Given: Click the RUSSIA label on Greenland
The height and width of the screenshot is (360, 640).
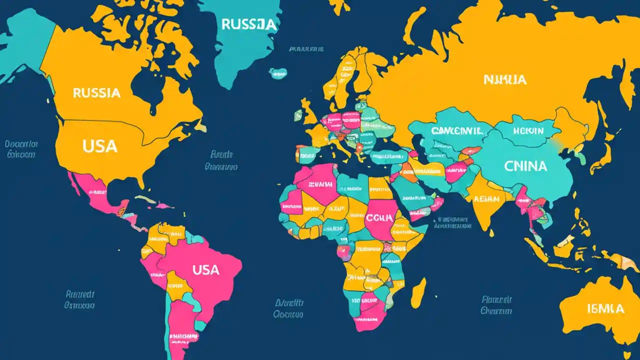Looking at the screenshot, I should point(248,24).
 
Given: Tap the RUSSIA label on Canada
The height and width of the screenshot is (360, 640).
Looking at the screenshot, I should point(96,93).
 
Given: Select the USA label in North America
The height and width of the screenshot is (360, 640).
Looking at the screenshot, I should point(100,146).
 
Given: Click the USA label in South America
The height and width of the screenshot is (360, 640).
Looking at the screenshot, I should point(205,270).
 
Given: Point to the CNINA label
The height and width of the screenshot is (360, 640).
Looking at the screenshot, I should point(525,166).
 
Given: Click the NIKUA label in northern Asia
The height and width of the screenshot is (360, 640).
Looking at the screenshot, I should point(504,79).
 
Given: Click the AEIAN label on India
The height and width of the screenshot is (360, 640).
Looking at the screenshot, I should point(485,199).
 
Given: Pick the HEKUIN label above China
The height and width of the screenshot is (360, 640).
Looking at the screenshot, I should point(528,131).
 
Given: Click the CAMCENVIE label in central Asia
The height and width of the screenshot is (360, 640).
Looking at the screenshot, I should point(456,131).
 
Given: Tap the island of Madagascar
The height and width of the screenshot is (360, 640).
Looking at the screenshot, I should point(418,292).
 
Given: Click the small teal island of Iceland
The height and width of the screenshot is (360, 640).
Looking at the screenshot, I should point(278,73).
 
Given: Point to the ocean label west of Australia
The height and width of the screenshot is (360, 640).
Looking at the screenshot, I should point(496,305).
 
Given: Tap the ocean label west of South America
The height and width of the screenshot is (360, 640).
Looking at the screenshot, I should point(80,299).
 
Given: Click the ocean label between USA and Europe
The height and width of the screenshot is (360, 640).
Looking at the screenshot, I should point(221,160).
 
